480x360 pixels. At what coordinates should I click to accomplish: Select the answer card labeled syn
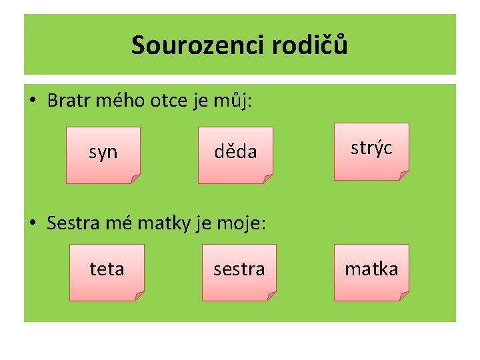click(103, 154)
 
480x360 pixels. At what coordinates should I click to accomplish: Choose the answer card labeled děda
click(235, 154)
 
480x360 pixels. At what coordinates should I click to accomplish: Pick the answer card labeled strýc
click(371, 151)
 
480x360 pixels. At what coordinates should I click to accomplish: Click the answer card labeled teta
click(107, 271)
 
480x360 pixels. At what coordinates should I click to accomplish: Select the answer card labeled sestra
click(239, 271)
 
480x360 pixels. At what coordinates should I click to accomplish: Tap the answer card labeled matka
click(371, 271)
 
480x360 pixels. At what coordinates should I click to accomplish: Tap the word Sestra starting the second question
click(71, 223)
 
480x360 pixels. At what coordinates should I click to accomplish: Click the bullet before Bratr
click(32, 102)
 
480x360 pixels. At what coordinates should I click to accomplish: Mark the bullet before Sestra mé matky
click(32, 223)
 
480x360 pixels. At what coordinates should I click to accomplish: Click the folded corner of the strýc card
click(403, 175)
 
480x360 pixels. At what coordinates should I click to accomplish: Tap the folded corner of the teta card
click(139, 295)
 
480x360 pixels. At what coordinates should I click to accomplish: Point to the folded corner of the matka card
click(403, 295)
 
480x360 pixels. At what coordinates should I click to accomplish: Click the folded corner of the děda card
click(268, 179)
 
